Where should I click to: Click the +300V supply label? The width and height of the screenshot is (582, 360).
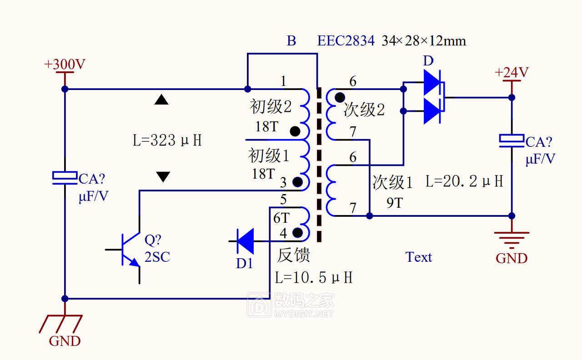(x=65, y=64)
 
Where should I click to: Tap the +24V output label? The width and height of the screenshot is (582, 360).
(x=512, y=72)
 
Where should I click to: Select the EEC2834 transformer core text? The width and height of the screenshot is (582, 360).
(x=346, y=41)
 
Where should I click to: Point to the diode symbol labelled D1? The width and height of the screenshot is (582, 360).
(x=245, y=241)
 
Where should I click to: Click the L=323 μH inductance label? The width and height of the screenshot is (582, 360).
(x=167, y=140)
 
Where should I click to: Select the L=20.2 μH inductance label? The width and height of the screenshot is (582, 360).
(x=464, y=181)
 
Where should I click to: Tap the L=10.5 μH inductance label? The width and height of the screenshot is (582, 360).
(x=314, y=277)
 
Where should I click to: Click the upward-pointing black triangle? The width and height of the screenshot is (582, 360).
(x=161, y=99)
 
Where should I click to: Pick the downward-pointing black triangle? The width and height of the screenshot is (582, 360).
(x=163, y=177)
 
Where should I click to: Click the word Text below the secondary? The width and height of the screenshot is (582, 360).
(x=419, y=257)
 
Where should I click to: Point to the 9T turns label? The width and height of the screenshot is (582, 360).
(x=395, y=203)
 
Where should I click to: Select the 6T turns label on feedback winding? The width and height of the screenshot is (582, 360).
(x=281, y=218)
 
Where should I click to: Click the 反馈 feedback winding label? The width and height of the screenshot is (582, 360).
(x=294, y=255)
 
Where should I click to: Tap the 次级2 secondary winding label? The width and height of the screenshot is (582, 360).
(x=364, y=110)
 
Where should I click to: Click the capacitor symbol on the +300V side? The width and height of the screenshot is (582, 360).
(x=65, y=178)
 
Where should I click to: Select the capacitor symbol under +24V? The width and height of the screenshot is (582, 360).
(x=512, y=141)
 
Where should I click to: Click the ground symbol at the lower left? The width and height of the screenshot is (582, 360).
(x=61, y=324)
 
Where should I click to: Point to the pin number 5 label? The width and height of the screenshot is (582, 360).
(x=283, y=200)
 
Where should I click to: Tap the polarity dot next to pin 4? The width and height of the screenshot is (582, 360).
(x=297, y=233)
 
